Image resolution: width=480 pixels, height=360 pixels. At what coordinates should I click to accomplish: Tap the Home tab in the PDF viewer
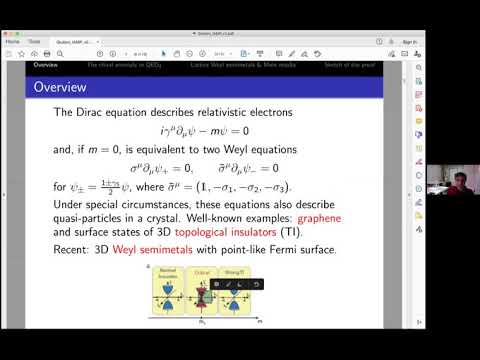[x=14, y=42]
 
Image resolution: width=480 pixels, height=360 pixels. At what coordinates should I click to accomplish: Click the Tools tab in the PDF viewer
[x=35, y=42]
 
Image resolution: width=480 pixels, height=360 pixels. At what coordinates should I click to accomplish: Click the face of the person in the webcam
[x=445, y=172]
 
